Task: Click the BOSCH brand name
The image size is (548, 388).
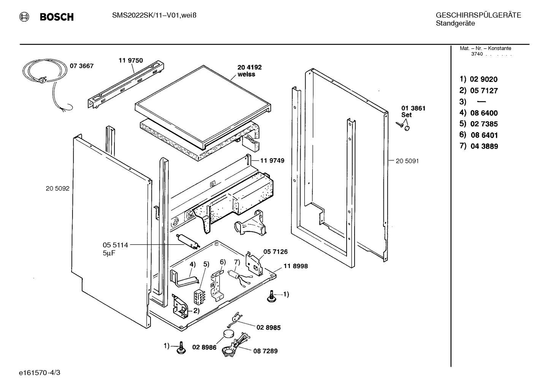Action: [57, 17]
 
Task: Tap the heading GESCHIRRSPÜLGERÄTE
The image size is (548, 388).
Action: [478, 15]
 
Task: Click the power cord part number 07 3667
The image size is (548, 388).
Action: [82, 66]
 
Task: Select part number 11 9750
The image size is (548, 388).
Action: [131, 60]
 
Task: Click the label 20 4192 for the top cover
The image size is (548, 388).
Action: [250, 67]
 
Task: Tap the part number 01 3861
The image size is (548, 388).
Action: [413, 108]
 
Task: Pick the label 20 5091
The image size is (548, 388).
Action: [407, 161]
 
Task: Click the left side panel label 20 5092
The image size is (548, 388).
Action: [57, 188]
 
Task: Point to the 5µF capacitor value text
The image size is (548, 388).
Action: [109, 253]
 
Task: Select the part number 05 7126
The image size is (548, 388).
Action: [276, 252]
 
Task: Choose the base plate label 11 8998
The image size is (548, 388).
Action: [296, 266]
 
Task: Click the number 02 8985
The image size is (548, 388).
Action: [268, 327]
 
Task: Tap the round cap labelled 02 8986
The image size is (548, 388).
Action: [228, 334]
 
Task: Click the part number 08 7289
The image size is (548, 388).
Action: [265, 351]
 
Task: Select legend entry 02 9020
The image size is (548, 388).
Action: [484, 79]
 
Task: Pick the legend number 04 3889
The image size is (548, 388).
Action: [484, 146]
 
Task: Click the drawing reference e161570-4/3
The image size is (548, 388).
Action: [40, 373]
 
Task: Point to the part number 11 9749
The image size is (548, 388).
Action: [272, 161]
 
